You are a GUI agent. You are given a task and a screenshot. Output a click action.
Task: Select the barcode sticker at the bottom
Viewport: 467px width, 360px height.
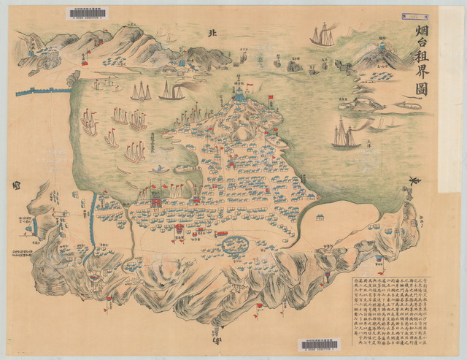pyautogui.click(x=319, y=345)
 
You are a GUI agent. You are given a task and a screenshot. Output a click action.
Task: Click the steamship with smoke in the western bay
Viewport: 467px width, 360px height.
pyautogui.click(x=171, y=92)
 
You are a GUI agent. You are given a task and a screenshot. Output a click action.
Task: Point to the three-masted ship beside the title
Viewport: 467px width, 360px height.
pyautogui.click(x=322, y=35)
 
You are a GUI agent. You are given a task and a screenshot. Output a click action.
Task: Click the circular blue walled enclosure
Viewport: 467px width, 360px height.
pyautogui.click(x=234, y=244)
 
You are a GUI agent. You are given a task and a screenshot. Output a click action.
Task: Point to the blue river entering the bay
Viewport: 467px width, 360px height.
pyautogui.click(x=91, y=219)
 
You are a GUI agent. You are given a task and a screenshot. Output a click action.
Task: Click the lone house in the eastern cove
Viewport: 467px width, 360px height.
pyautogui.click(x=320, y=216)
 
